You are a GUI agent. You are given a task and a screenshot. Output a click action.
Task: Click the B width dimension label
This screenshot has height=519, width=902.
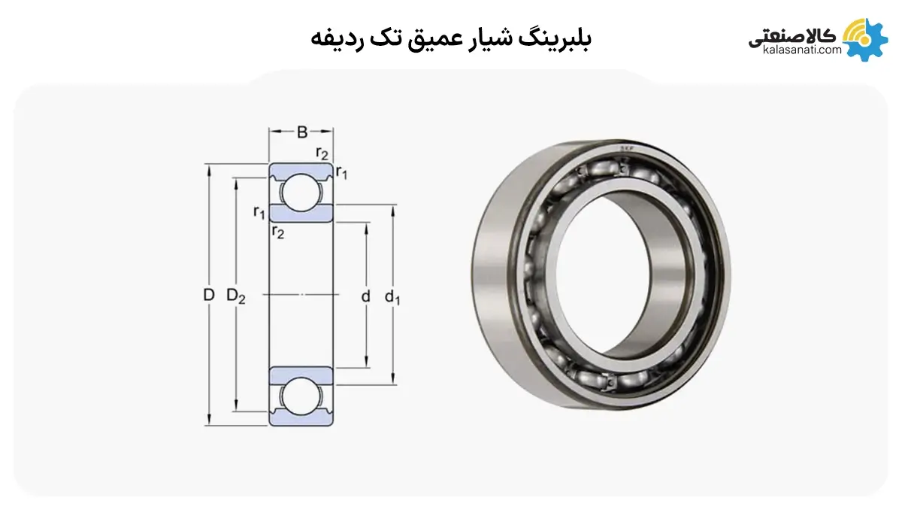coord(302,132)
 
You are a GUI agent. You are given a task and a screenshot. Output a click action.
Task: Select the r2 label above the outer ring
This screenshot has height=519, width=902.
coord(322,153)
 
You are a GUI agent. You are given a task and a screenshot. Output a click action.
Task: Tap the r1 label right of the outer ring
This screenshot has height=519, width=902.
coord(341,172)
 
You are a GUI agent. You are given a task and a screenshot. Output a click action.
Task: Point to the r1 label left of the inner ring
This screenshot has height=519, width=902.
coord(259,212)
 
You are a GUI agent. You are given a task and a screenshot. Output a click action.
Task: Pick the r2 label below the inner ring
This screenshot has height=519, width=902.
coord(278,232)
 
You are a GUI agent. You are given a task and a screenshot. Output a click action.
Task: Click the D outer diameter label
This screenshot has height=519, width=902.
coord(209,296)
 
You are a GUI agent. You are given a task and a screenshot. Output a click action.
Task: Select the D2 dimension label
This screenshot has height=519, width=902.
coord(235,296)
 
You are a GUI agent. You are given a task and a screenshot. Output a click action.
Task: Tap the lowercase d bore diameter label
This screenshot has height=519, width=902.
coord(365,296)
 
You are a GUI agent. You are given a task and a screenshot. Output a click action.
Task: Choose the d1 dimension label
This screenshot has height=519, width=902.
coord(392,297)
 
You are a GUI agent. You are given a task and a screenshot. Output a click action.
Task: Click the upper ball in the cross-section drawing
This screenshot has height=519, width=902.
coord(301,193)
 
